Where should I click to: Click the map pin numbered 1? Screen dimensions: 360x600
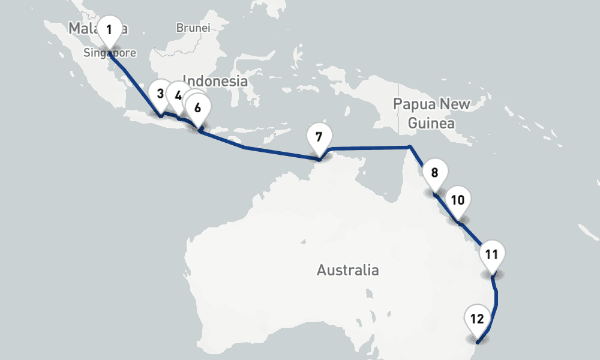click(109, 29)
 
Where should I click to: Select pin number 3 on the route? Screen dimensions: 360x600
click(160, 94)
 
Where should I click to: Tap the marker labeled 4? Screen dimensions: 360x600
click(178, 95)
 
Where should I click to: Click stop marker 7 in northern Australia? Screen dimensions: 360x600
click(319, 137)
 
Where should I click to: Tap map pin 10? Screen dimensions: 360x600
click(457, 200)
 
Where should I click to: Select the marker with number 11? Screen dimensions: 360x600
click(491, 254)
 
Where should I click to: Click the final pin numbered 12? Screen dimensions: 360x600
click(477, 319)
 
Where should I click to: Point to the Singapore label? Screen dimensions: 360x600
click(110, 53)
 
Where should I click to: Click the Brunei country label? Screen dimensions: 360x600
click(193, 28)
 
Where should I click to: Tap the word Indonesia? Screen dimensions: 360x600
click(215, 80)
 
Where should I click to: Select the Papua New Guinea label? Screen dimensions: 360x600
click(431, 113)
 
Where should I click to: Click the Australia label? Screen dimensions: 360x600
click(347, 270)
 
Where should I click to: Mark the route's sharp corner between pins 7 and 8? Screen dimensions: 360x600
click(410, 146)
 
